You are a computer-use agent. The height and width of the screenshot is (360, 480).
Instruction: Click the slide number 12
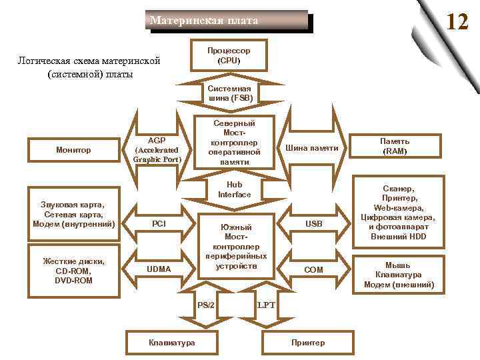pos(457,22)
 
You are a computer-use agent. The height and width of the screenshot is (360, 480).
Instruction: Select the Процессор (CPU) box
pos(229,55)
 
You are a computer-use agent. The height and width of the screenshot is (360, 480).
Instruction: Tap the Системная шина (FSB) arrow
pos(229,93)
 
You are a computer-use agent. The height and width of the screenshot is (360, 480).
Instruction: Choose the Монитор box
pos(73,150)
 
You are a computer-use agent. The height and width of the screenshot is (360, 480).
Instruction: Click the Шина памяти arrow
pos(311,147)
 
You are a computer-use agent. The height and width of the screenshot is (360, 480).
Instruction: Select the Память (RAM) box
pos(395,147)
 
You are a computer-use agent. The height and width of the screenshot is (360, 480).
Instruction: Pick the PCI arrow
pos(160,224)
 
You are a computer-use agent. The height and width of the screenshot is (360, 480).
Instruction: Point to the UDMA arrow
pos(160,269)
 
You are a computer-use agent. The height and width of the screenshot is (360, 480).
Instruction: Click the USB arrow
pos(313,224)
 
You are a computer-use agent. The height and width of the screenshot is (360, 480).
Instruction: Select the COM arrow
pos(313,270)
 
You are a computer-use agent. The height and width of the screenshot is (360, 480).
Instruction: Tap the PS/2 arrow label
pos(206,305)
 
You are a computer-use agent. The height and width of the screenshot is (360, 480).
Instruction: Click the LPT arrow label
pos(266,305)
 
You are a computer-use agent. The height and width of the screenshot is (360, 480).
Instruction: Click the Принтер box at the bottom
pos(308,343)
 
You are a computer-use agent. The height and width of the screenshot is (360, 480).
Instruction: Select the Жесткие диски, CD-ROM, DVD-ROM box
pos(73,271)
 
